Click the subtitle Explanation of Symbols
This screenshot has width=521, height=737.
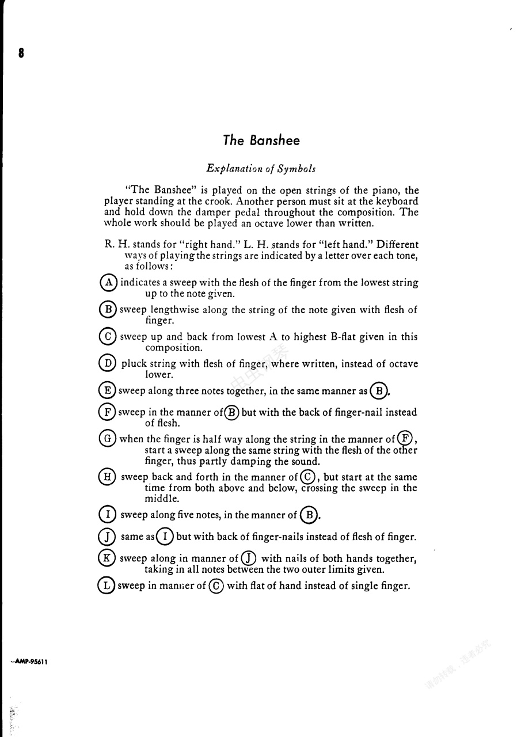click(x=261, y=169)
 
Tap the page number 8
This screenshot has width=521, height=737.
click(x=21, y=54)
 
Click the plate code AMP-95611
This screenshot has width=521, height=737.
click(x=29, y=662)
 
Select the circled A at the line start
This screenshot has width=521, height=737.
click(x=108, y=283)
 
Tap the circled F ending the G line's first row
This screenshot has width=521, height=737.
click(x=405, y=439)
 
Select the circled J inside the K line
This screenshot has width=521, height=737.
click(x=249, y=559)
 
